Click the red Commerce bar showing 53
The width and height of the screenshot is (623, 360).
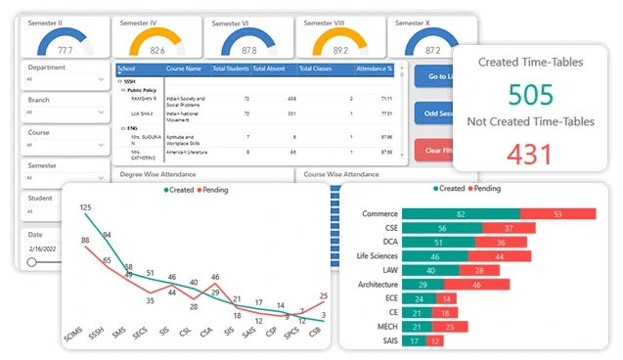click(x=557, y=213)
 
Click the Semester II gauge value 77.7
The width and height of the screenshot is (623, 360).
click(x=65, y=48)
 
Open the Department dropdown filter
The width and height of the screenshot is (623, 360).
click(x=65, y=78)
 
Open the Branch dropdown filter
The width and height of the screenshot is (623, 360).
click(x=65, y=112)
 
